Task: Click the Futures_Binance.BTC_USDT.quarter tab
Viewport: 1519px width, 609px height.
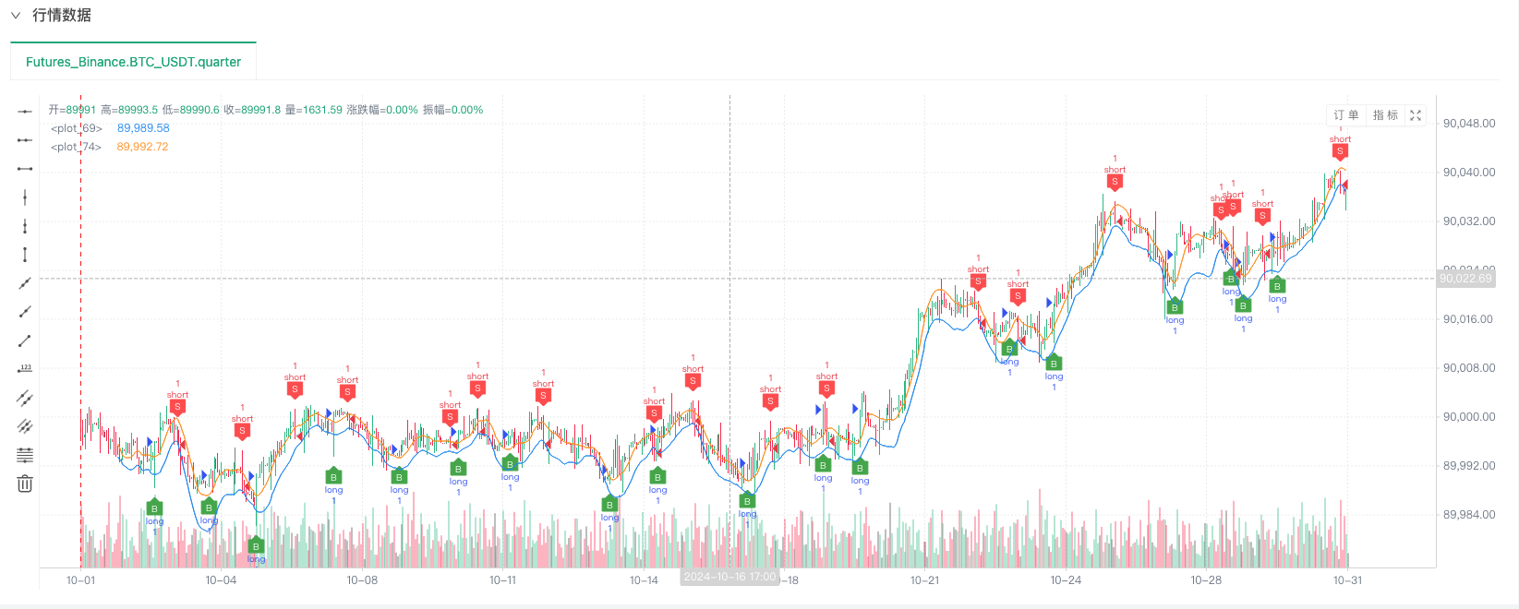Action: pyautogui.click(x=133, y=62)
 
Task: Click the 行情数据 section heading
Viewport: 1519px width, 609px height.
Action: pyautogui.click(x=61, y=15)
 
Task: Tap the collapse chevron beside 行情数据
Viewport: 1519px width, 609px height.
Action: pyautogui.click(x=16, y=16)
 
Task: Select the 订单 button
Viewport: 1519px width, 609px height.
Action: pyautogui.click(x=1345, y=115)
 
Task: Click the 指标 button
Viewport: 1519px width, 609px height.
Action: pyautogui.click(x=1385, y=115)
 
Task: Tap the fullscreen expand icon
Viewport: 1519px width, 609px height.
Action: pyautogui.click(x=1416, y=115)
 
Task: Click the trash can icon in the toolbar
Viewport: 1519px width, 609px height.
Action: pyautogui.click(x=25, y=484)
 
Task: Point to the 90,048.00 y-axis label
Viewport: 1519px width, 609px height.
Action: pyautogui.click(x=1468, y=124)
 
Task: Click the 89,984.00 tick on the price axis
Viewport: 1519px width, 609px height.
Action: pyautogui.click(x=1468, y=515)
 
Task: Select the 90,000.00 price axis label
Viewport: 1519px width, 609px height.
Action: pyautogui.click(x=1468, y=417)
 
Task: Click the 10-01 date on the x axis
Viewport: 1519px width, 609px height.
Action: pyautogui.click(x=80, y=580)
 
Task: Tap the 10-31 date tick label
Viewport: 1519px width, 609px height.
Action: pyautogui.click(x=1347, y=580)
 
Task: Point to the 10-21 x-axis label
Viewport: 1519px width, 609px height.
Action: pyautogui.click(x=924, y=580)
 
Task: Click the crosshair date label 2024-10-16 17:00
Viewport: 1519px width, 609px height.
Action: pyautogui.click(x=729, y=578)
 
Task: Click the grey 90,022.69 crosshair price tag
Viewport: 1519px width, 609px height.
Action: pyautogui.click(x=1465, y=279)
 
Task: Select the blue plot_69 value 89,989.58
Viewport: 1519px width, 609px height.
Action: pyautogui.click(x=143, y=128)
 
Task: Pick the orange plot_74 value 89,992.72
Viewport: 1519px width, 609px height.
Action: pyautogui.click(x=142, y=147)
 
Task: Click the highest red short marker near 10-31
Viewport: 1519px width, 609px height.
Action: pyautogui.click(x=1340, y=151)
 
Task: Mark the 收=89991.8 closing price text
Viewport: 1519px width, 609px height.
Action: pyautogui.click(x=251, y=110)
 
